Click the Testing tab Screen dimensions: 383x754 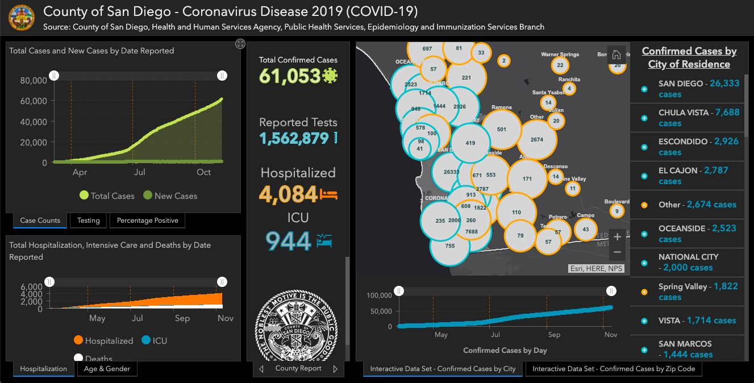pyautogui.click(x=88, y=220)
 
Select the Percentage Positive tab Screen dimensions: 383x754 pyautogui.click(x=147, y=220)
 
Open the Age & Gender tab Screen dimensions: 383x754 pyautogui.click(x=107, y=369)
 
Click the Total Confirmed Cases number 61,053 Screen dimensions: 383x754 pyautogui.click(x=290, y=76)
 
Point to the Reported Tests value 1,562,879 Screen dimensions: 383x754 pyautogui.click(x=294, y=138)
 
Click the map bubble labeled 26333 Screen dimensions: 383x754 pyautogui.click(x=451, y=172)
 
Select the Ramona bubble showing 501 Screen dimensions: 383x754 pyautogui.click(x=501, y=130)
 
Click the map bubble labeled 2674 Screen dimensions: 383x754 pyautogui.click(x=537, y=139)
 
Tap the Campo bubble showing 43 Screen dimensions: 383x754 pyautogui.click(x=586, y=229)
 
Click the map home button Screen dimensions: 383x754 pyautogui.click(x=616, y=55)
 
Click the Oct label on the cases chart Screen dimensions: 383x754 pyautogui.click(x=203, y=172)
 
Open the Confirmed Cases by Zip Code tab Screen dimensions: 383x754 pyautogui.click(x=613, y=369)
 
